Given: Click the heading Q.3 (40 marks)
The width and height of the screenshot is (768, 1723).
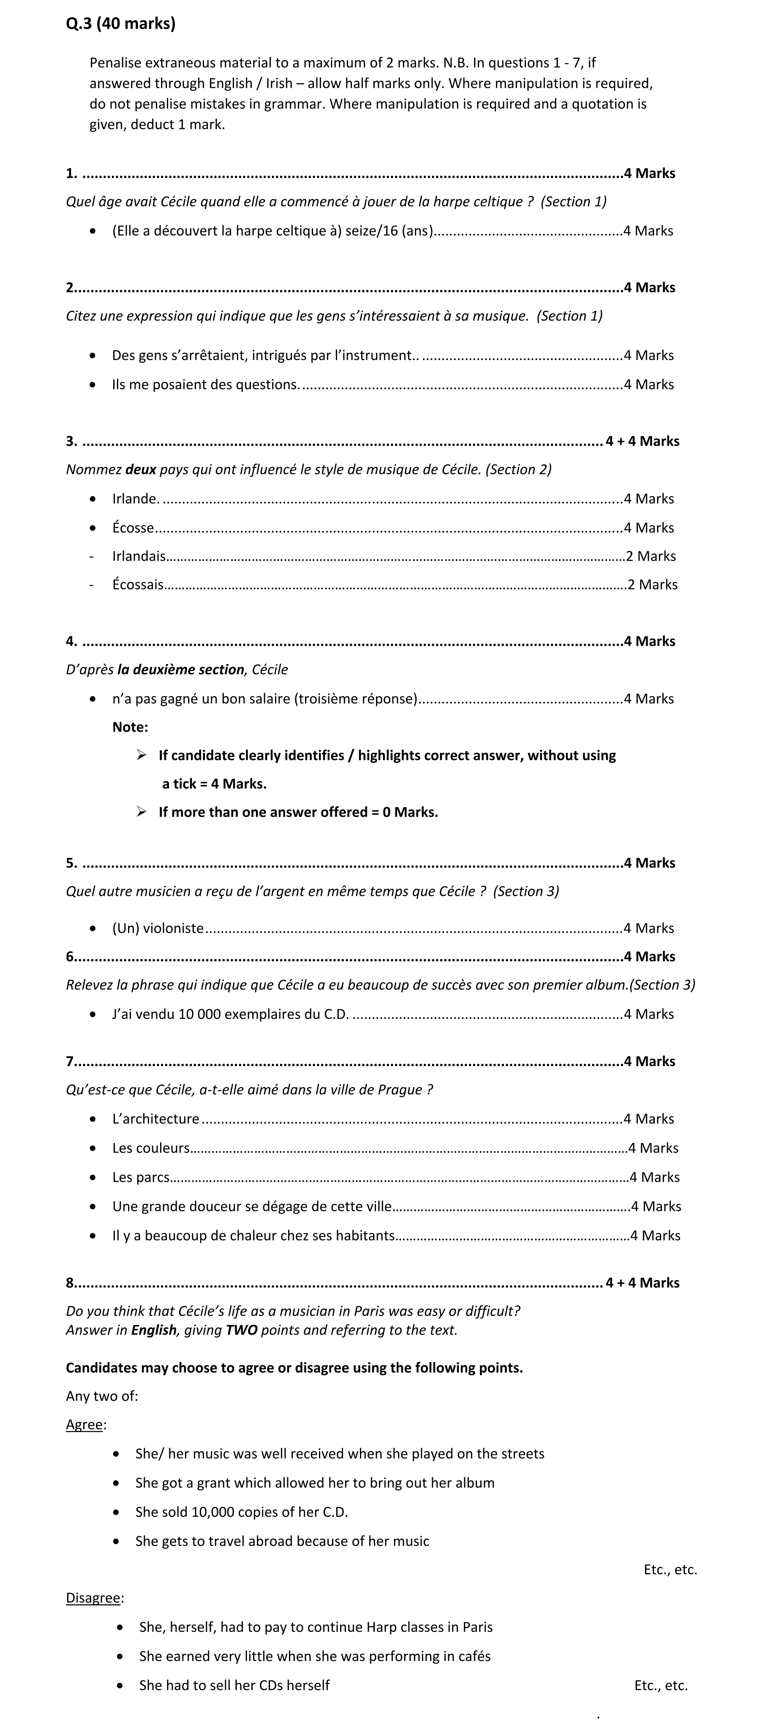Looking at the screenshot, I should (120, 24).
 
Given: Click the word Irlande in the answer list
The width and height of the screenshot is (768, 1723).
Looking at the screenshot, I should (135, 499).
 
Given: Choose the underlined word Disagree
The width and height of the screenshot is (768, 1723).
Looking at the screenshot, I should (93, 1598).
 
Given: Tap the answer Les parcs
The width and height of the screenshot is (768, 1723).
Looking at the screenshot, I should (141, 1177).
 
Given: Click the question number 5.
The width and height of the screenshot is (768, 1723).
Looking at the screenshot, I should (70, 863).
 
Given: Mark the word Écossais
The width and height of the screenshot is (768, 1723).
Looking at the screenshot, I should (138, 585).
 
